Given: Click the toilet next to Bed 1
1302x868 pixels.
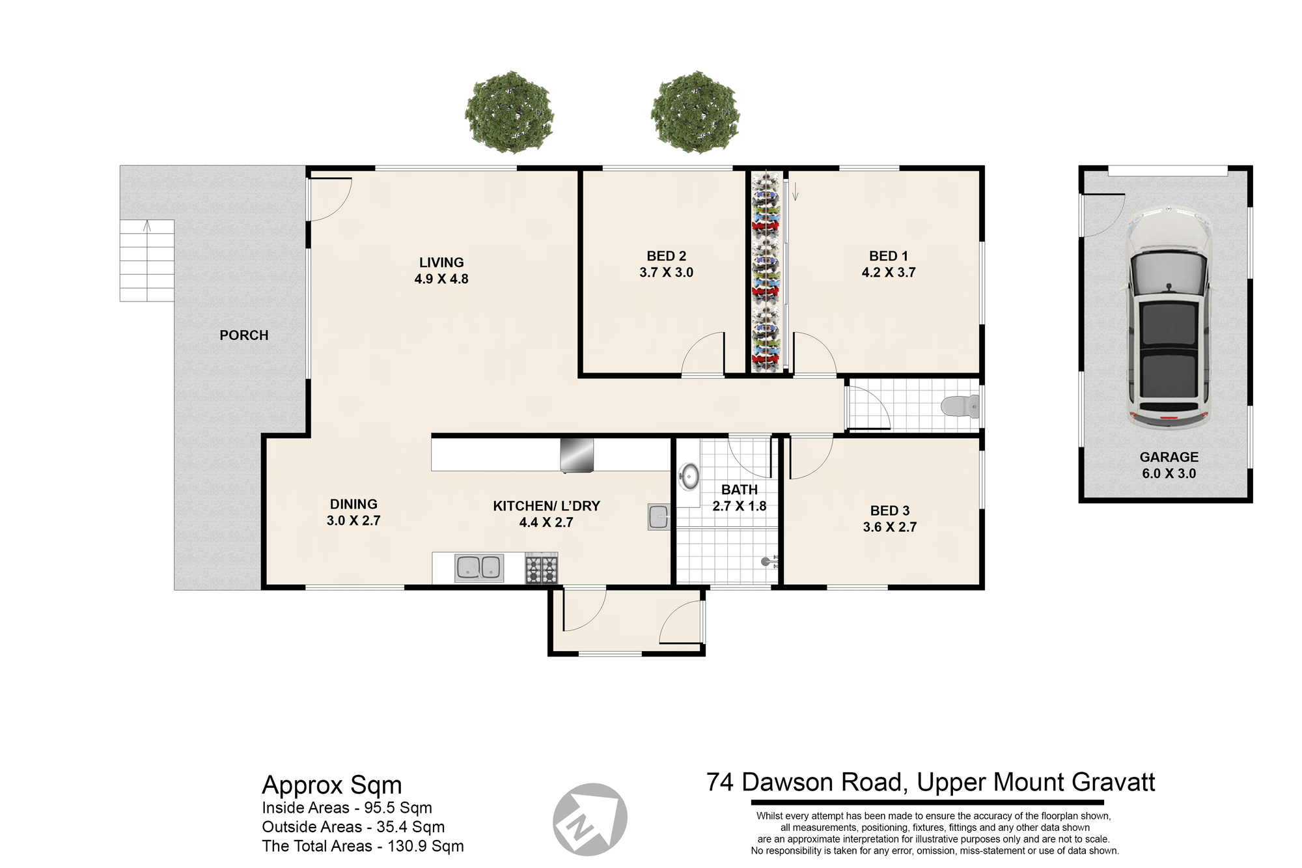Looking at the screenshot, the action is tap(960, 406).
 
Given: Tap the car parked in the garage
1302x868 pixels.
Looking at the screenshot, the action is tap(1169, 318).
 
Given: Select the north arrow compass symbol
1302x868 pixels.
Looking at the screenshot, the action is tap(590, 819).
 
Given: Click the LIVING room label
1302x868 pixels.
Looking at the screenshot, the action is tap(441, 262).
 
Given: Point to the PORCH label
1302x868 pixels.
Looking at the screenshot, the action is tap(244, 335).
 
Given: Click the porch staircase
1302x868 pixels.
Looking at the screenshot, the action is tap(147, 260).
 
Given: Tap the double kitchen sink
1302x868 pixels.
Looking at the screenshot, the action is tap(479, 568).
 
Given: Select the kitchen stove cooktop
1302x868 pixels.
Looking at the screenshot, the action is tap(542, 568).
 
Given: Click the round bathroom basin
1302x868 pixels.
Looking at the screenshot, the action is tap(689, 477).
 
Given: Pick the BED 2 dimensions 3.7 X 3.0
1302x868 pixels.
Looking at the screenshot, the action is tap(667, 273).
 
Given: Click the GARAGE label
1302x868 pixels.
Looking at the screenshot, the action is tap(1169, 457).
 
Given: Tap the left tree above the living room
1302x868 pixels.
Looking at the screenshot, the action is tap(509, 113).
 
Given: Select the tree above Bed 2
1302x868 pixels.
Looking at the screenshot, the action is tap(695, 113).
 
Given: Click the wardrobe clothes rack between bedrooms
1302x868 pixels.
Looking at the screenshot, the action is tap(766, 272).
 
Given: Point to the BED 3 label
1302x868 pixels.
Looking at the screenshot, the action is tap(890, 511).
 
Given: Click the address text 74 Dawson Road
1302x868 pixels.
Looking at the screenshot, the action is tap(807, 782).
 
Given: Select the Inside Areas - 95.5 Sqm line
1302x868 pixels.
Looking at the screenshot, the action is tap(347, 808).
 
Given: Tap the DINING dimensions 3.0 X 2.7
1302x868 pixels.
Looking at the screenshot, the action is tap(353, 521).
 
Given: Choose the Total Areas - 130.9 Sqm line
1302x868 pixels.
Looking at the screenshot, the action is tap(363, 847).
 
